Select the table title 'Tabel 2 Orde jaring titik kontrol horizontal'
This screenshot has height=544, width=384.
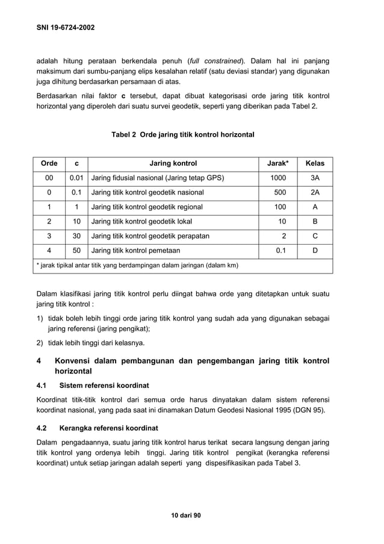click(x=183, y=134)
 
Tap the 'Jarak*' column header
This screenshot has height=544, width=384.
click(x=277, y=163)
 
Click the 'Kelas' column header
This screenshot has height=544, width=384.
click(x=315, y=163)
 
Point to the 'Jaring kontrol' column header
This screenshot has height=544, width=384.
click(x=173, y=163)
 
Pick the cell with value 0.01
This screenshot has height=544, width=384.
click(x=76, y=178)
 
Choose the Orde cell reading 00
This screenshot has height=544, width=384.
click(x=49, y=178)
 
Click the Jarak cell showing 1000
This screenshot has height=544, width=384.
click(x=278, y=178)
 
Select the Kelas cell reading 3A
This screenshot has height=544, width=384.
click(x=315, y=178)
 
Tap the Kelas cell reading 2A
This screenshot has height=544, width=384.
click(x=315, y=192)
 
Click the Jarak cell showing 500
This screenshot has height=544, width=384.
click(x=280, y=192)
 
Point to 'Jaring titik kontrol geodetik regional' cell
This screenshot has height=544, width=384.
click(x=147, y=207)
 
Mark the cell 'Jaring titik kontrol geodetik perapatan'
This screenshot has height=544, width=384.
click(x=150, y=236)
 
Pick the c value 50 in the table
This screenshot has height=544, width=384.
click(x=76, y=250)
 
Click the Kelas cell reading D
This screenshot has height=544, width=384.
click(x=315, y=250)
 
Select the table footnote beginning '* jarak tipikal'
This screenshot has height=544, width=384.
click(x=137, y=265)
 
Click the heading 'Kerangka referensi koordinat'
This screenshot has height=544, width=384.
click(x=109, y=428)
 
